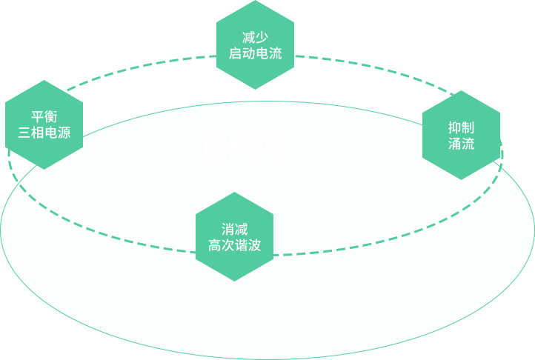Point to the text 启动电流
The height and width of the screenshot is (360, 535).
click(255, 54)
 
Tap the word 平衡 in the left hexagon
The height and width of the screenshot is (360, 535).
click(44, 117)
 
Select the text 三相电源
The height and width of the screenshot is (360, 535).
click(44, 134)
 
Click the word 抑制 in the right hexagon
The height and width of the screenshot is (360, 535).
click(461, 127)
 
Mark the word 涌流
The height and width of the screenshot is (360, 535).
click(461, 144)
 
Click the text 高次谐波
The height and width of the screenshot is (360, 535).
click(234, 246)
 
